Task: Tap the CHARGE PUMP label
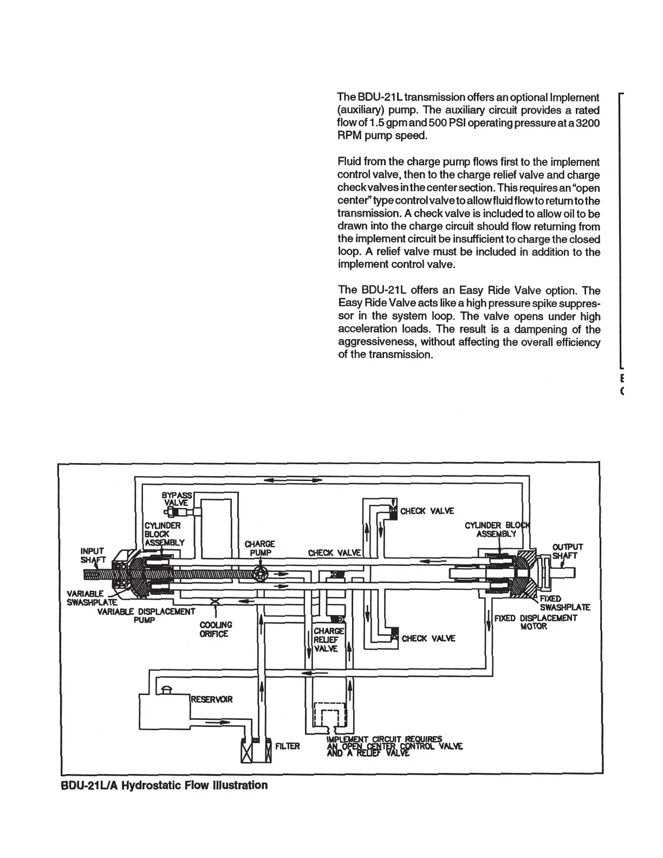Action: pyautogui.click(x=260, y=548)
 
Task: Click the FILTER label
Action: pyautogui.click(x=288, y=747)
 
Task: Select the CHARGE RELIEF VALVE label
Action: pyautogui.click(x=328, y=640)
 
